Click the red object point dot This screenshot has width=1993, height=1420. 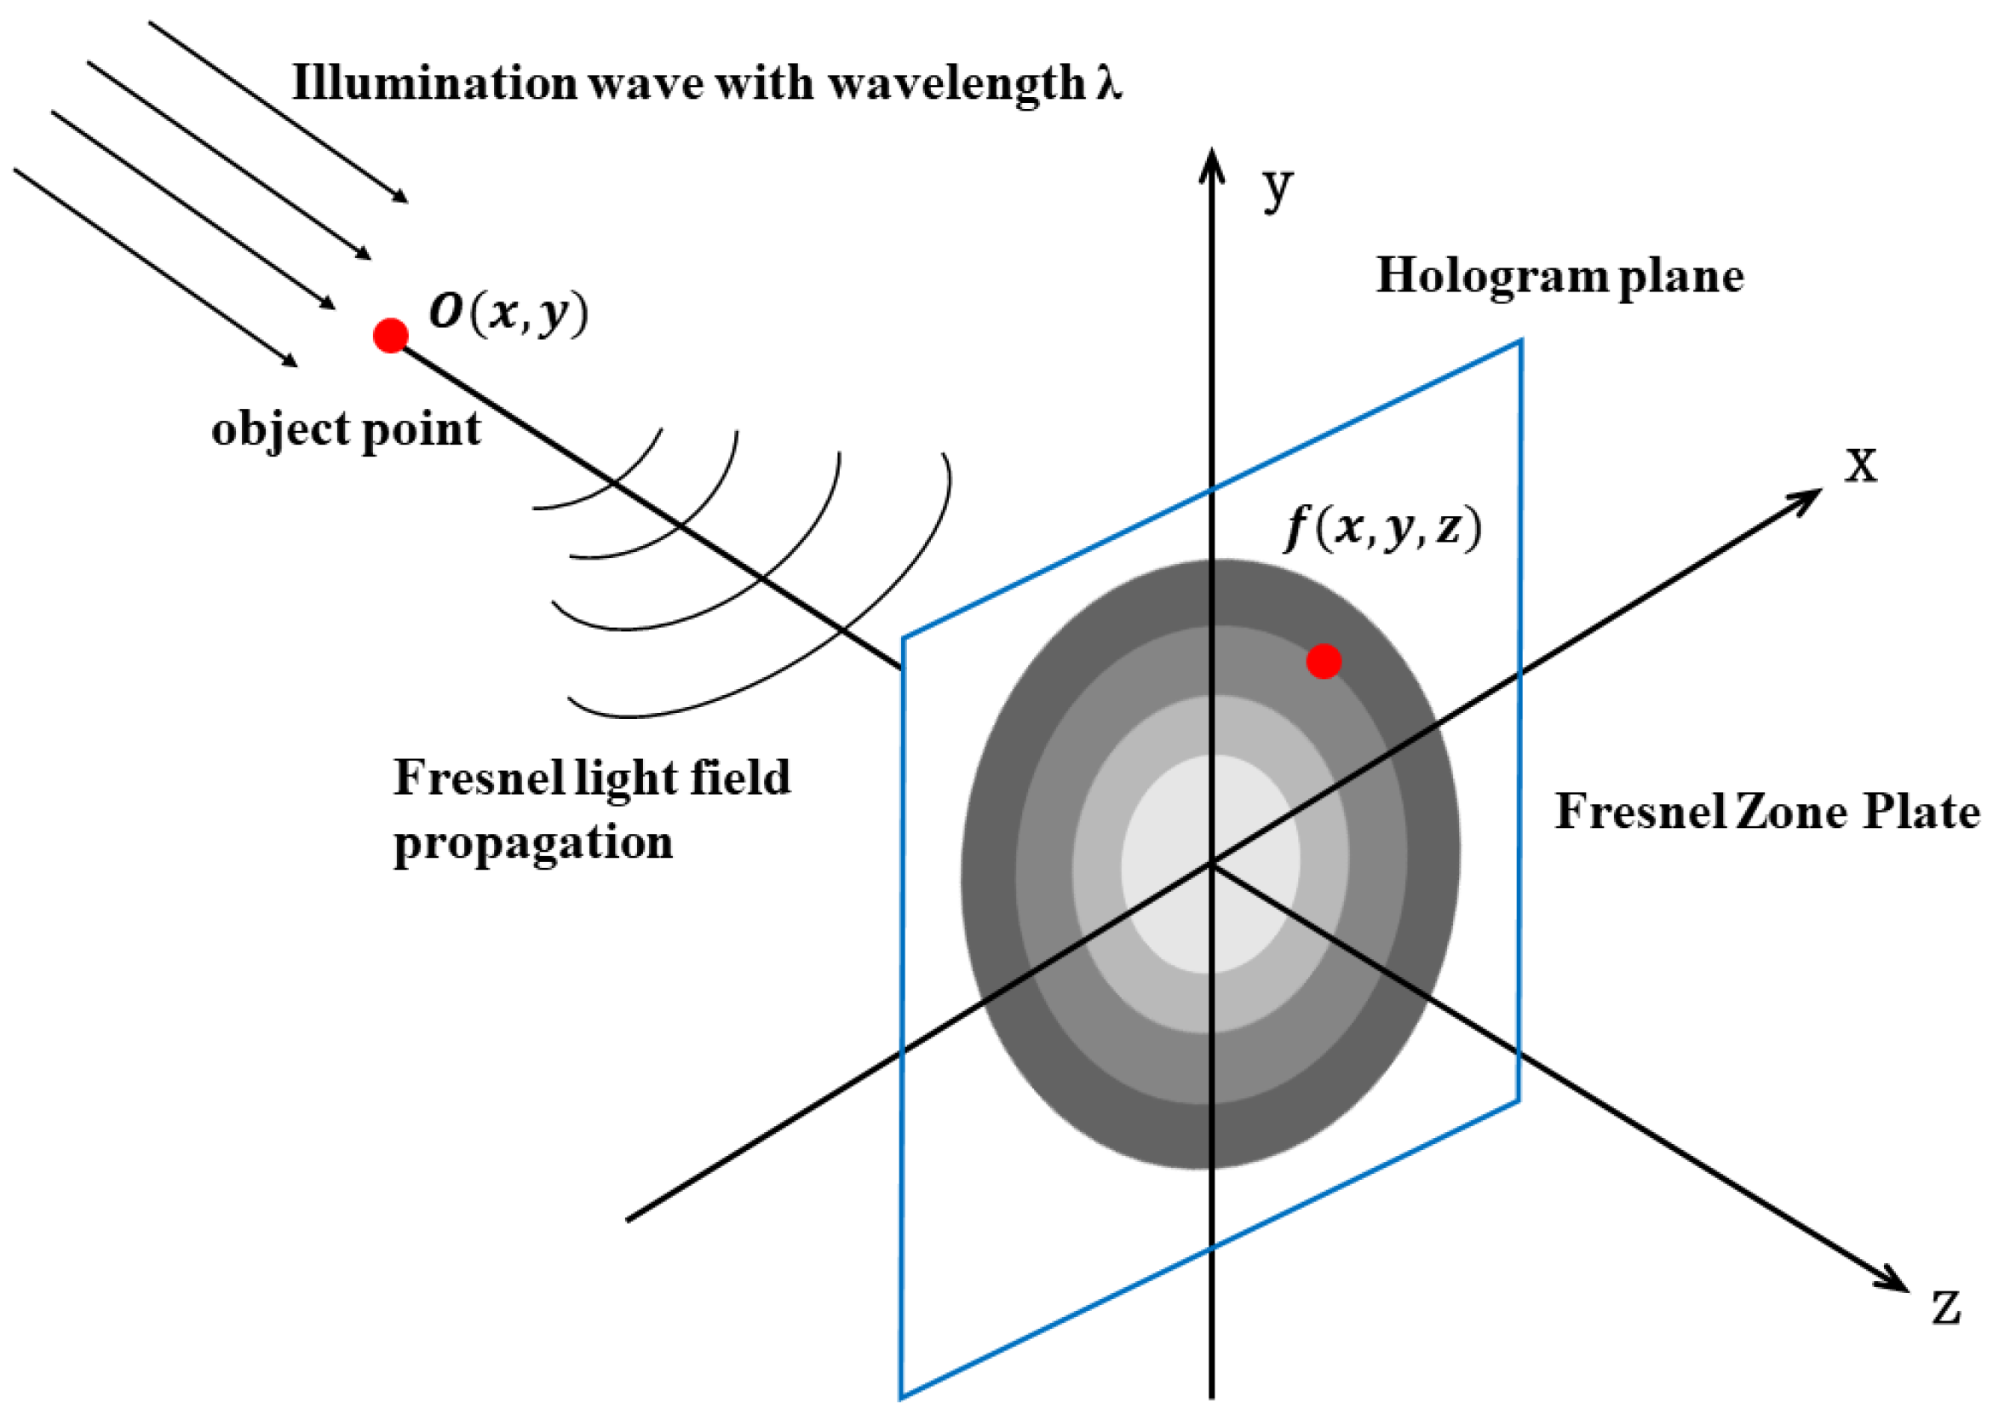[x=390, y=335]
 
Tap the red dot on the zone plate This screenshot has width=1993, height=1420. [x=1324, y=661]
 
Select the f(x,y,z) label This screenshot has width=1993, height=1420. [x=1383, y=528]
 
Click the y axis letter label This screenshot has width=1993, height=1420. [x=1277, y=188]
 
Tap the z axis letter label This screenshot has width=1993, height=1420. [x=1946, y=1309]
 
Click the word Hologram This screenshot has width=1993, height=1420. [x=1492, y=277]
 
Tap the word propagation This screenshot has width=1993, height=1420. [x=533, y=844]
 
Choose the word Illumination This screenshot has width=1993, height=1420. [x=434, y=84]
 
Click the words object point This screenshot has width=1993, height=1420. [x=346, y=429]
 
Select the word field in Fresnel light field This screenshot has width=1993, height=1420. [x=740, y=777]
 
